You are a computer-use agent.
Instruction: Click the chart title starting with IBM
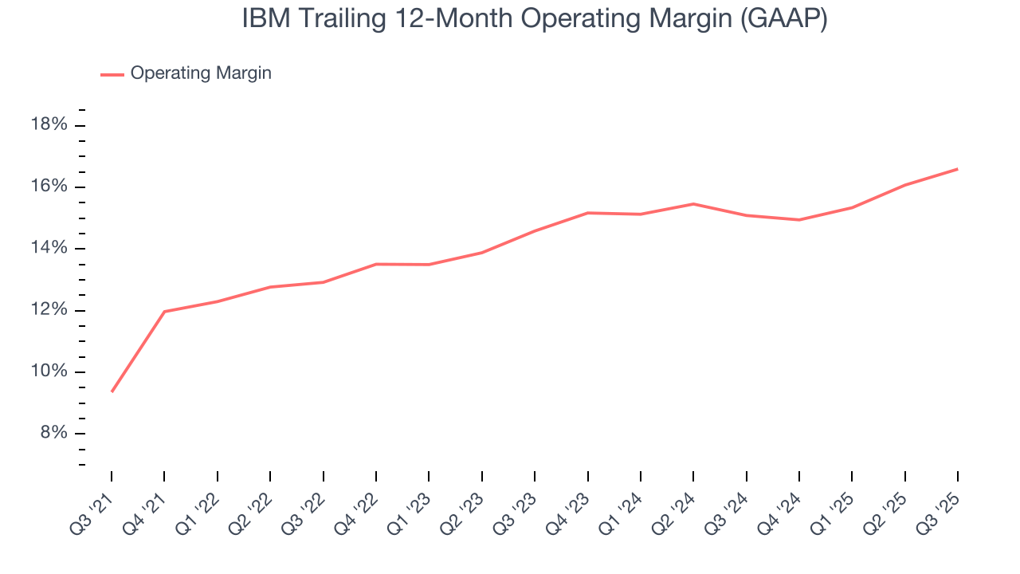click(535, 19)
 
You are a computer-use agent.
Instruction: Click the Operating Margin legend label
click(201, 73)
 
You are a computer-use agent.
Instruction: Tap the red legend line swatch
click(112, 74)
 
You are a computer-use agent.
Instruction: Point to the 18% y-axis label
click(48, 125)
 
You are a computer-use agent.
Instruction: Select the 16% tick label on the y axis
click(48, 187)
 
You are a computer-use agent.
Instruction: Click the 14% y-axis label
click(48, 249)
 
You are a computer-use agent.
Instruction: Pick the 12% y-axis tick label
click(48, 310)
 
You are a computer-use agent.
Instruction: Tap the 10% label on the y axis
click(48, 372)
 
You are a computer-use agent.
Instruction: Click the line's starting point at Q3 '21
click(112, 391)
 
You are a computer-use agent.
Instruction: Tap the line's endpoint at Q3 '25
click(957, 169)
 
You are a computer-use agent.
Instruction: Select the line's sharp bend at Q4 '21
click(164, 311)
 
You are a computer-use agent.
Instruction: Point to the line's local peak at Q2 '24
click(693, 204)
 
